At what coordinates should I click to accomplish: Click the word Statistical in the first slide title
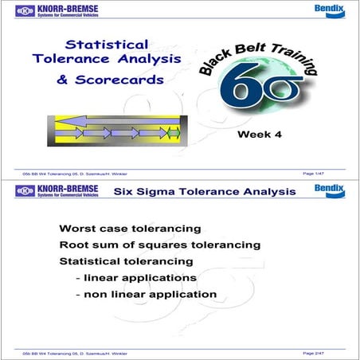106,45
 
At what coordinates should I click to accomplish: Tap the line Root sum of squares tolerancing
160,245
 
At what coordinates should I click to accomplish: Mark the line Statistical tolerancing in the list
126,261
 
